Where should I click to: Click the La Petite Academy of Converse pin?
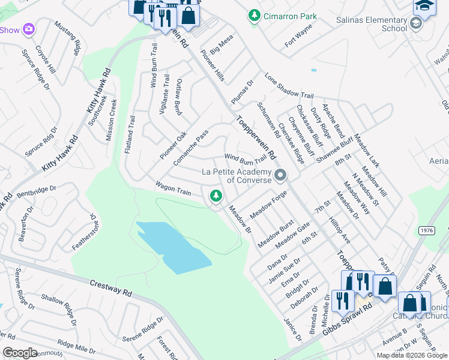[x=280, y=176]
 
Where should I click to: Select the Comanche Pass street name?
[x=190, y=148]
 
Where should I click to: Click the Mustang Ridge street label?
[x=67, y=38]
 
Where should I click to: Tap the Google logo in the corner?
[x=20, y=353]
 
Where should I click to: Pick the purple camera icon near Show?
[x=28, y=29]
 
